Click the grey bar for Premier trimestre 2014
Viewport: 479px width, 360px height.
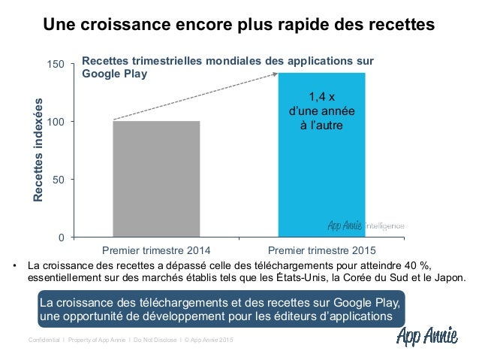tap(156, 179)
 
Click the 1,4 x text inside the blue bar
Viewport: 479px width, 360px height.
tap(322, 96)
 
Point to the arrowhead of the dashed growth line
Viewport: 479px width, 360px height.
tap(275, 74)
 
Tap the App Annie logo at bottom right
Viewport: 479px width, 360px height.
tap(428, 336)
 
